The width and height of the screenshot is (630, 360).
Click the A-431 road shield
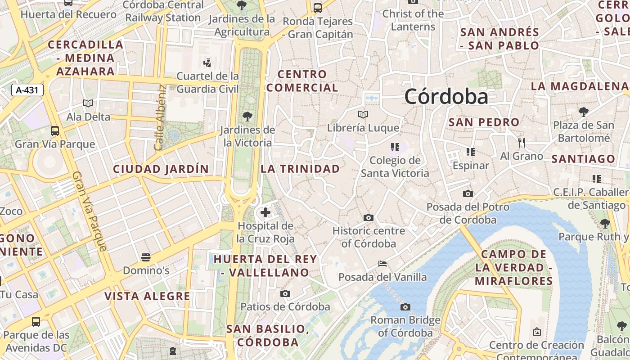[x=27, y=90]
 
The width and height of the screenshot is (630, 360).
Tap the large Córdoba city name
[x=446, y=96]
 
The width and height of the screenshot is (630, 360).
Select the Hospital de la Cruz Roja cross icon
[x=265, y=212]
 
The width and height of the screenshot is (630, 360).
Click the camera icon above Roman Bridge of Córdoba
[x=405, y=307]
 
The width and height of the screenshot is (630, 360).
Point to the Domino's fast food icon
[x=145, y=257]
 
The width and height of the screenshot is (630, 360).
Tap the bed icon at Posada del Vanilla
[x=382, y=263]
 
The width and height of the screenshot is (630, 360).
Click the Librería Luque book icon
[x=363, y=114]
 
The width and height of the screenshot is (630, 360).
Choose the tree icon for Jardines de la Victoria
[x=247, y=117]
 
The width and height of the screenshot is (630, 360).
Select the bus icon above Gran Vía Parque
[x=54, y=131]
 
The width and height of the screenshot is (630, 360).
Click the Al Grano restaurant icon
[x=522, y=143]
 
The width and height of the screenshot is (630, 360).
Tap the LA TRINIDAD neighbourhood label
[x=300, y=169]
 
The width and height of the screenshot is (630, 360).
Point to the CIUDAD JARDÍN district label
[x=161, y=169]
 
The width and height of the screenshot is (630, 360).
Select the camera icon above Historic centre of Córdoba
[x=369, y=217]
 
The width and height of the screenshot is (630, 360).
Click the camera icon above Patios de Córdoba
[x=285, y=293]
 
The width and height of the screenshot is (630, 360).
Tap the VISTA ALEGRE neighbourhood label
[x=147, y=296]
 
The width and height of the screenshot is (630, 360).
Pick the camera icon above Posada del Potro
[x=468, y=193]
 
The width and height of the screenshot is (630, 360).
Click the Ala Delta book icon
[x=88, y=103]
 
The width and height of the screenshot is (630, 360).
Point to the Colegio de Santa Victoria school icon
[x=395, y=147]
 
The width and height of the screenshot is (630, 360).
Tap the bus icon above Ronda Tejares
[x=318, y=8]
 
